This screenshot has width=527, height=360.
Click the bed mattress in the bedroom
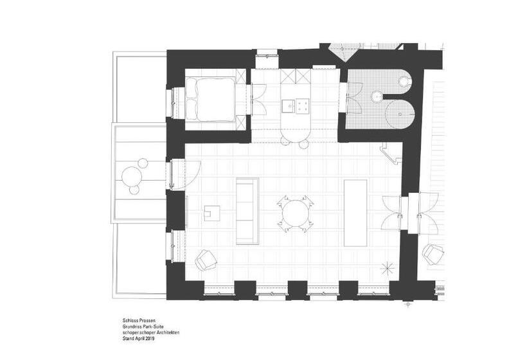pyautogui.click(x=210, y=99)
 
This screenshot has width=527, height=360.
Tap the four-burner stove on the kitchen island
pyautogui.click(x=302, y=106)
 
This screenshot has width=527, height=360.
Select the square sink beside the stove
pyautogui.click(x=289, y=105)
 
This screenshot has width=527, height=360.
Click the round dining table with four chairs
pyautogui.click(x=296, y=213)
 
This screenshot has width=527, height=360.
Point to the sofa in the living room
pyautogui.click(x=247, y=211)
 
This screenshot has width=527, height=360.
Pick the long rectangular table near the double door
pyautogui.click(x=355, y=213)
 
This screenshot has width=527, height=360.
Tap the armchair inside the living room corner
pyautogui.click(x=206, y=260)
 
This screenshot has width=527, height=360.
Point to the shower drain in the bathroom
pyautogui.click(x=400, y=114)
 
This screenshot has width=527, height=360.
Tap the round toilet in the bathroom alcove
pyautogui.click(x=404, y=81)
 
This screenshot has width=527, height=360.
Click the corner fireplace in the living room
pyautogui.click(x=391, y=153)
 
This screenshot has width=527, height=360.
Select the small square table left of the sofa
pyautogui.click(x=211, y=213)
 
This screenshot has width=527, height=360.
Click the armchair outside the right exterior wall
pyautogui.click(x=433, y=255)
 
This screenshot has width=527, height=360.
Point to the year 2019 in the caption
pyautogui.click(x=150, y=339)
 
